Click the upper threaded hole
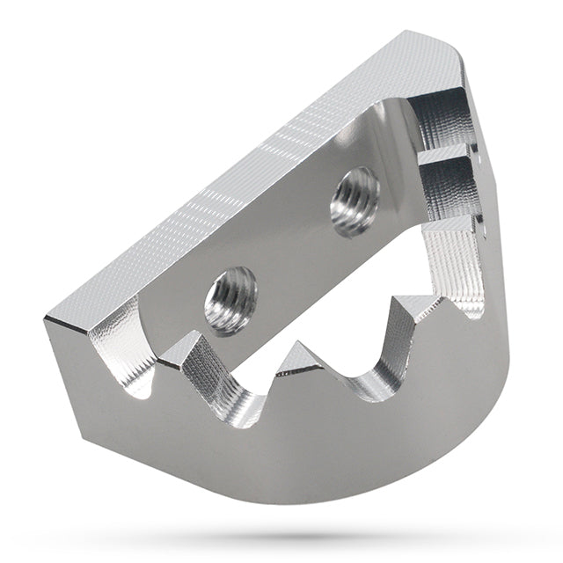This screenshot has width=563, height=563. (x=355, y=200)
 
